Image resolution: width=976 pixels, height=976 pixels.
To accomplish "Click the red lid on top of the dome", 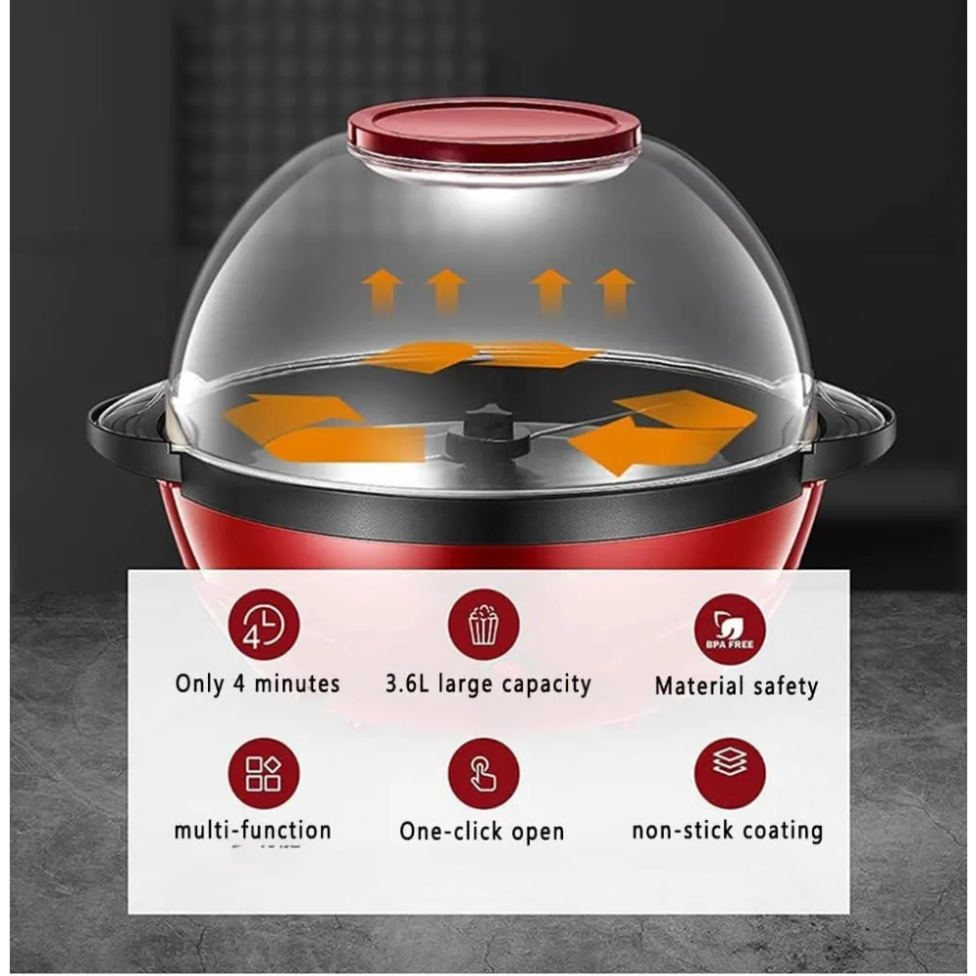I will point(494,128).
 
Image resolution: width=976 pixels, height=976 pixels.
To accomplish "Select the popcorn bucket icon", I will point(483,626).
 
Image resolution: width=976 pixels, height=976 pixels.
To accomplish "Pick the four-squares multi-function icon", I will point(264,773).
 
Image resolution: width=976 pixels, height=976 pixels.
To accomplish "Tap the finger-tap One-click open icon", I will point(483,773).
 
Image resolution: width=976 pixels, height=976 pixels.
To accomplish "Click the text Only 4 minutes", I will point(258,683).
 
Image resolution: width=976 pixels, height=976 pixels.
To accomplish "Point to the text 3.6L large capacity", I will point(488,683).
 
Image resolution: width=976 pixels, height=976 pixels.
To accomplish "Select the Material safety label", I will point(736,686).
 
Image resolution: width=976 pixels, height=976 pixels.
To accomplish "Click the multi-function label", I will point(253,832).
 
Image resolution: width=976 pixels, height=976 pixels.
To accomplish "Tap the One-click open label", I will point(482,833).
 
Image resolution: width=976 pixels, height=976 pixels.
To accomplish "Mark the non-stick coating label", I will point(727,832).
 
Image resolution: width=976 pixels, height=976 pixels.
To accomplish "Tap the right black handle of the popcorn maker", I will point(859,429).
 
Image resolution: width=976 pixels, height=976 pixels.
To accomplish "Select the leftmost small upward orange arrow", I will point(382,291).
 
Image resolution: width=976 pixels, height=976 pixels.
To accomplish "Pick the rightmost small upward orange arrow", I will point(614,291).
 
